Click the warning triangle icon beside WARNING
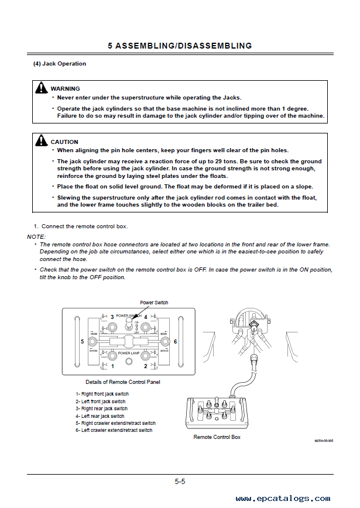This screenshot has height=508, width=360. click(41, 88)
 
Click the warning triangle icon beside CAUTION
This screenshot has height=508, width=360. click(41, 141)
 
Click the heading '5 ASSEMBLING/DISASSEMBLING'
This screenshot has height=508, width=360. click(180, 46)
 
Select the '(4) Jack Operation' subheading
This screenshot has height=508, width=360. click(60, 64)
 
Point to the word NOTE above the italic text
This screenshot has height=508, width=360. click(35, 236)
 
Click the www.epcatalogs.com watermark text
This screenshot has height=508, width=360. click(283, 499)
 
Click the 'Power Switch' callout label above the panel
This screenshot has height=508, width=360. click(154, 303)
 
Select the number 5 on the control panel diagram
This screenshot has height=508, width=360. click(83, 341)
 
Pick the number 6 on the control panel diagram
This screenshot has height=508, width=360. click(176, 341)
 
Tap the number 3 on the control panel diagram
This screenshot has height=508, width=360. click(112, 317)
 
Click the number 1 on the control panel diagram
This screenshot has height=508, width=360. click(112, 366)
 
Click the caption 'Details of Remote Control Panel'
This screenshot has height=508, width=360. click(123, 382)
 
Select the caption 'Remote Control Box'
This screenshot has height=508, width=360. click(217, 437)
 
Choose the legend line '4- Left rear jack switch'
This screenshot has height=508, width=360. click(100, 416)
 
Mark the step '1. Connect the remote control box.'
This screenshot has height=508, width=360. click(80, 226)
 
